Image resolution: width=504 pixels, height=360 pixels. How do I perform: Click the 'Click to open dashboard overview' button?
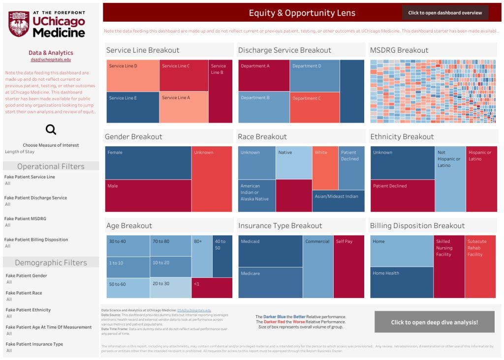pos(445,13)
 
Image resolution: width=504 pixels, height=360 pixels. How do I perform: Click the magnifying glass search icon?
pos(51,130)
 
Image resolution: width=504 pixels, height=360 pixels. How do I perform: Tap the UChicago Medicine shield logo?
pos(19,24)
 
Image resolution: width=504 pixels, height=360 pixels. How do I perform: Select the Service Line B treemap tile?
pos(220,92)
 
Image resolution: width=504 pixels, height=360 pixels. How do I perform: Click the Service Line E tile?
pos(132,107)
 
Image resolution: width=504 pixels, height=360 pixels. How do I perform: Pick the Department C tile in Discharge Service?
pos(314,107)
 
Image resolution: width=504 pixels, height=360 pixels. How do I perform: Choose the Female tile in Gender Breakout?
pos(148,163)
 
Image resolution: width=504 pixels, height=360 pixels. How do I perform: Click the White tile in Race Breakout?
pos(325,168)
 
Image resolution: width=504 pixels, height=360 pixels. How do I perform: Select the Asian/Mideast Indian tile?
pos(338,201)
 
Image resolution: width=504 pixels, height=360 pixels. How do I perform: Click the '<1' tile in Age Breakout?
pos(211,288)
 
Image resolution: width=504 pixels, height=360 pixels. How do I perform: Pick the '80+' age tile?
pos(201,256)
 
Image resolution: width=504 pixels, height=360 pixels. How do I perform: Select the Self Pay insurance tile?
pos(348,266)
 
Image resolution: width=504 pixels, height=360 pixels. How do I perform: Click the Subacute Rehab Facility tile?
pos(480,266)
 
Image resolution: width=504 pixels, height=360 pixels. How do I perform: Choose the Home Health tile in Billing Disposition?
pos(401,282)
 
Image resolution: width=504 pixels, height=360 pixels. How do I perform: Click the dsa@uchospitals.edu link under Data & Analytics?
pos(51,60)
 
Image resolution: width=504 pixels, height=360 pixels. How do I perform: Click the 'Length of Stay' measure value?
pos(20,152)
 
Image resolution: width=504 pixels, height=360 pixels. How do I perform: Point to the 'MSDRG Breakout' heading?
pos(399,50)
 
